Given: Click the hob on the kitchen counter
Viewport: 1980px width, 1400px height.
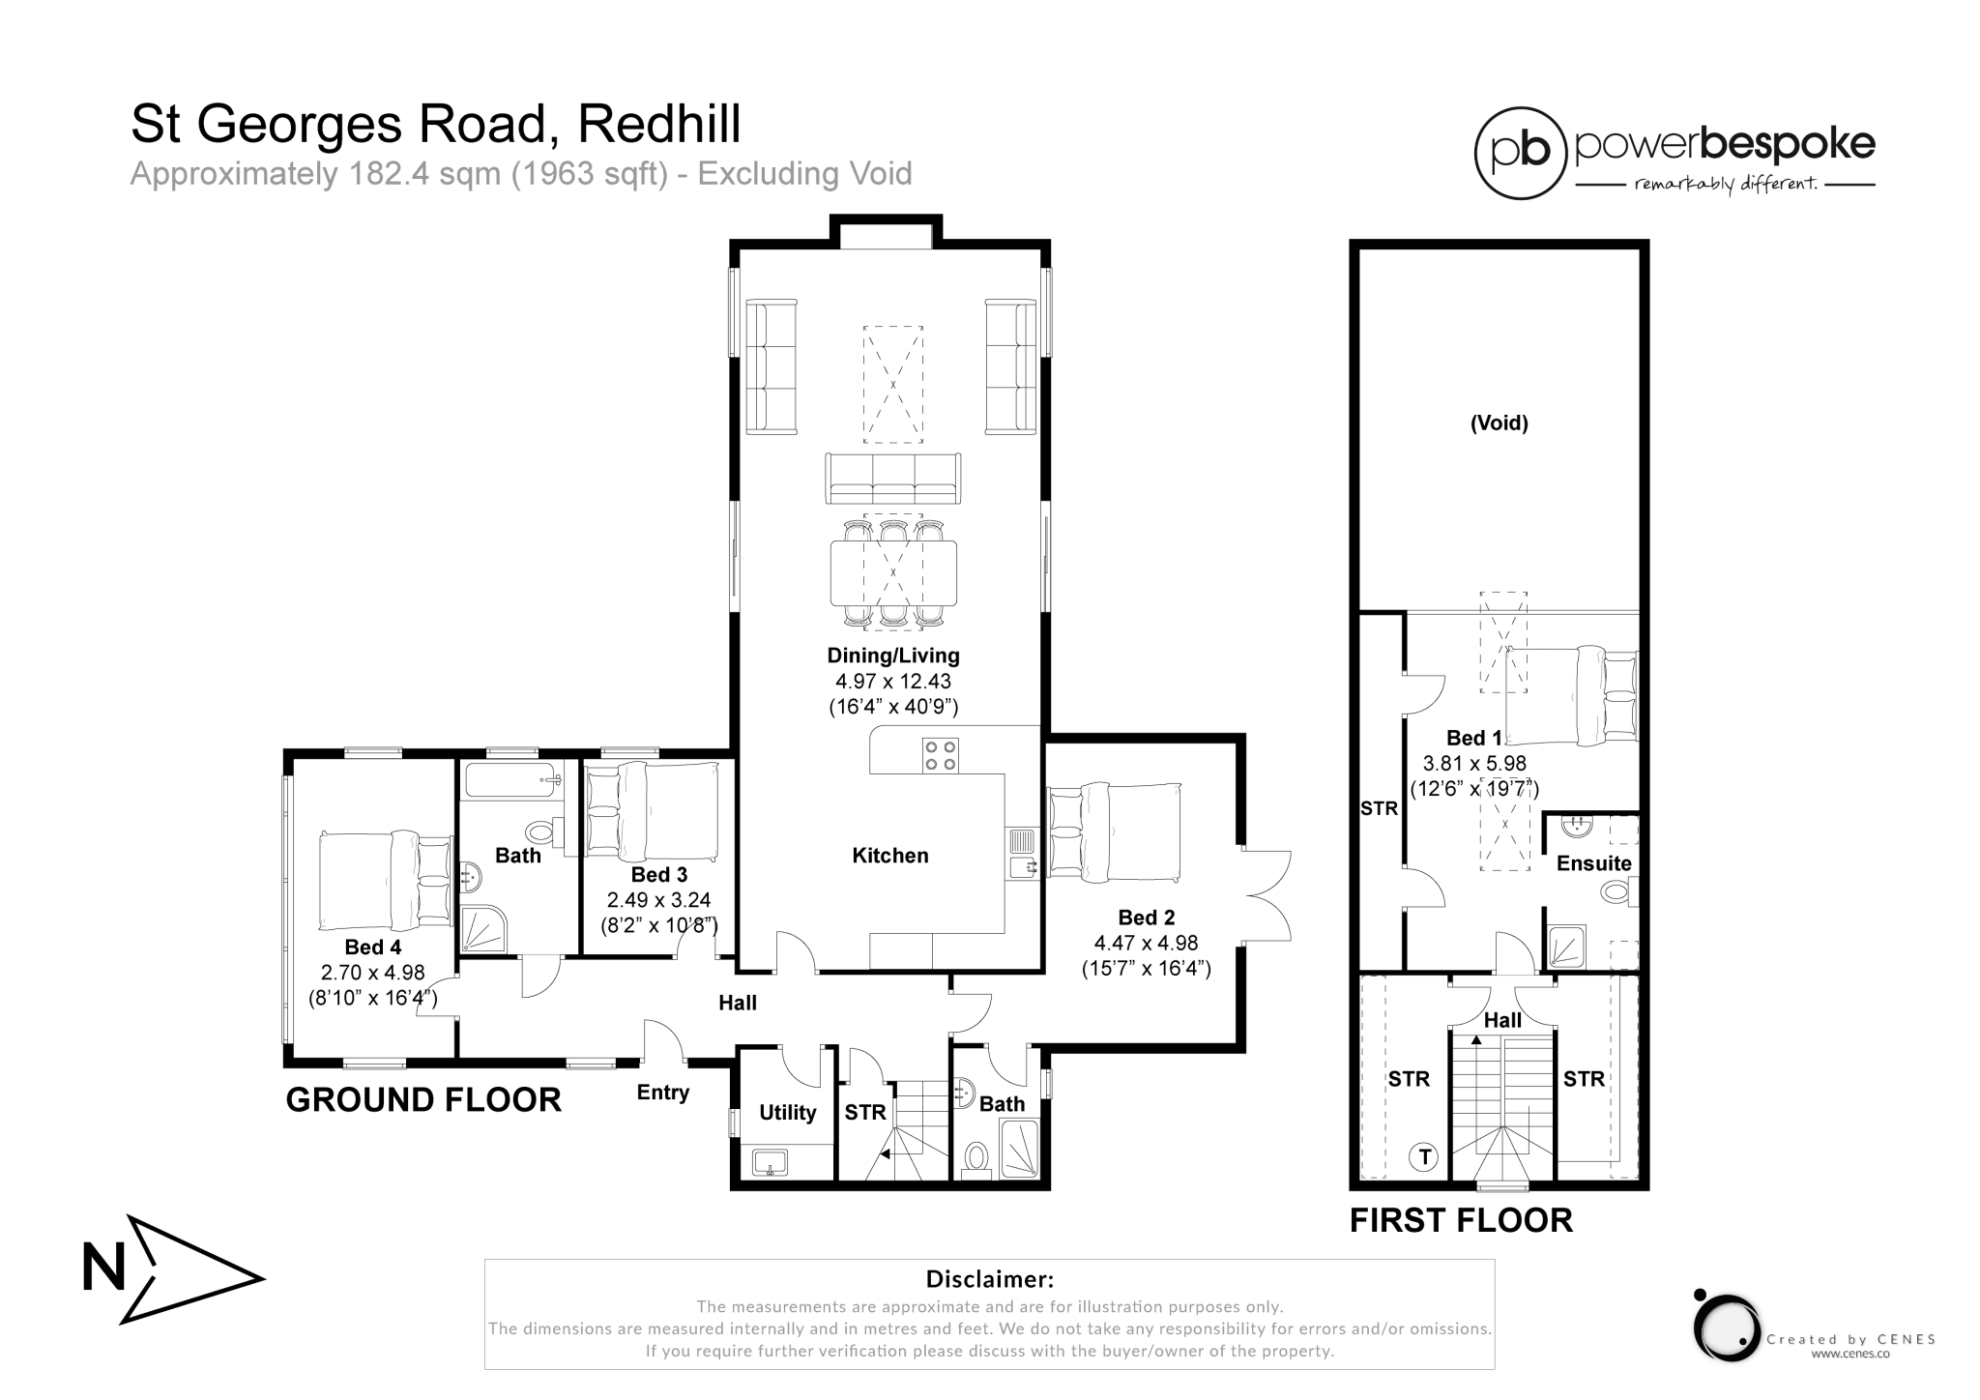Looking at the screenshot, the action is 940,754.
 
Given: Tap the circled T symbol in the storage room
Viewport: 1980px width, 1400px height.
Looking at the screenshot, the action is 1423,1155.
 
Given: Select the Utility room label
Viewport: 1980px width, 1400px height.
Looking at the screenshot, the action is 787,1112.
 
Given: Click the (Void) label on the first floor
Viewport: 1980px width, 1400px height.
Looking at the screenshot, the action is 1499,423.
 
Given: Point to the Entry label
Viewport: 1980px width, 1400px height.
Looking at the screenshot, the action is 663,1093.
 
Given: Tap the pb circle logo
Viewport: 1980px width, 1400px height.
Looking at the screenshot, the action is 1520,153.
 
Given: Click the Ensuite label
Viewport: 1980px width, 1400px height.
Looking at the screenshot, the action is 1593,863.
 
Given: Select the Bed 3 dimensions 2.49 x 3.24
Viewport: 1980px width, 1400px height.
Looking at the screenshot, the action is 658,900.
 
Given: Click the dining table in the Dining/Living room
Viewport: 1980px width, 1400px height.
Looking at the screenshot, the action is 893,572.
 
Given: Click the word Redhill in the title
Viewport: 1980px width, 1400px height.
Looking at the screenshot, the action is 659,124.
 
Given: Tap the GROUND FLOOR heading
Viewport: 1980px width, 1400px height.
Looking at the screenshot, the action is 423,1100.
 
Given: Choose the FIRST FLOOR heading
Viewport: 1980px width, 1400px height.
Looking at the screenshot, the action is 1461,1220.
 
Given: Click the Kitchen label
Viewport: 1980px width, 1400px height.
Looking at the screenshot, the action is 889,856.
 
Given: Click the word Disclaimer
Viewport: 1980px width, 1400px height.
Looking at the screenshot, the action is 989,1279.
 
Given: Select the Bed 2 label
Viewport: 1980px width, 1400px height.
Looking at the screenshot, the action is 1147,918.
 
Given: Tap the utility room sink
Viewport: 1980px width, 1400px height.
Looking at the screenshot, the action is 771,1160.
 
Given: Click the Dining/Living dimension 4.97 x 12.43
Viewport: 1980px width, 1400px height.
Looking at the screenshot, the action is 893,681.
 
